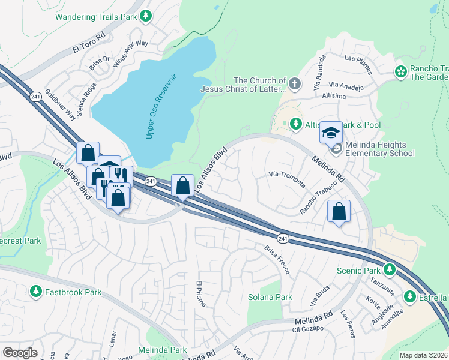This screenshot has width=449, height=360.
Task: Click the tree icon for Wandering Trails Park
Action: tap(146, 16)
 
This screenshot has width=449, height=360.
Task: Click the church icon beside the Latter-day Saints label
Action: tap(294, 85)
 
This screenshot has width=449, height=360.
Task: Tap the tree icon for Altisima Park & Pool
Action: tap(295, 124)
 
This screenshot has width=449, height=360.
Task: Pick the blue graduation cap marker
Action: tap(330, 132)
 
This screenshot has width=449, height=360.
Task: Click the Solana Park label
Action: tap(270, 297)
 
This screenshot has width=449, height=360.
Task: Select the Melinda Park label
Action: tap(162, 349)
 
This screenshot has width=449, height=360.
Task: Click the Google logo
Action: tap(20, 353)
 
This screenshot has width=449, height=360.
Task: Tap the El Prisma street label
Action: tap(201, 293)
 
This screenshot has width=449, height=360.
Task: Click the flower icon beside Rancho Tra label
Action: tap(400, 72)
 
